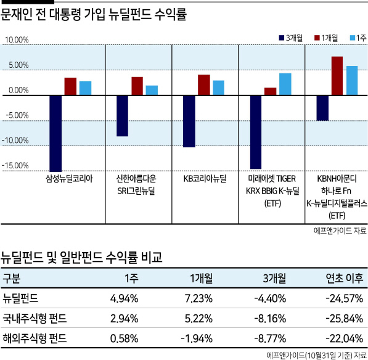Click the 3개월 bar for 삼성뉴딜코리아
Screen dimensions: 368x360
(x=55, y=134)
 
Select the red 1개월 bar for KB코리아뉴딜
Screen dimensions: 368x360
(x=204, y=85)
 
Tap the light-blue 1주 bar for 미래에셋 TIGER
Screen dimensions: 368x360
(x=285, y=84)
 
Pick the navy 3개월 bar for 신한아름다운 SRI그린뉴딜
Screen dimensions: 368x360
(x=122, y=116)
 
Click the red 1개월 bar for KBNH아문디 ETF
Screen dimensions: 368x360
(x=337, y=76)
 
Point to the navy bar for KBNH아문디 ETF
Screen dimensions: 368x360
(x=322, y=108)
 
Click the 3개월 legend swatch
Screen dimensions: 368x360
(x=282, y=38)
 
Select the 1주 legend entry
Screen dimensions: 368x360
(x=358, y=38)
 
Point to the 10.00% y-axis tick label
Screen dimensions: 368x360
(x=17, y=39)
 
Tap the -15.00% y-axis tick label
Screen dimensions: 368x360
(x=15, y=166)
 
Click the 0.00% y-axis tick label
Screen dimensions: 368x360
(x=18, y=90)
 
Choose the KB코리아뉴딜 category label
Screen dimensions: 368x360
(x=205, y=179)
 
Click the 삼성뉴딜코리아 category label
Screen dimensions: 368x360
(x=70, y=179)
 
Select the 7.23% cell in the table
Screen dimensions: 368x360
(x=198, y=298)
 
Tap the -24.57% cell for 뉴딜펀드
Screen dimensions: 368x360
(x=345, y=298)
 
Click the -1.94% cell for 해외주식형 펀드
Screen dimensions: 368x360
(x=197, y=338)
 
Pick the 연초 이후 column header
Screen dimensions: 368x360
(x=345, y=279)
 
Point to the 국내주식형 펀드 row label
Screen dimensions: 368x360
(x=35, y=319)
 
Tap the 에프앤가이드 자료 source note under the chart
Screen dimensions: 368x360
(x=340, y=231)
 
